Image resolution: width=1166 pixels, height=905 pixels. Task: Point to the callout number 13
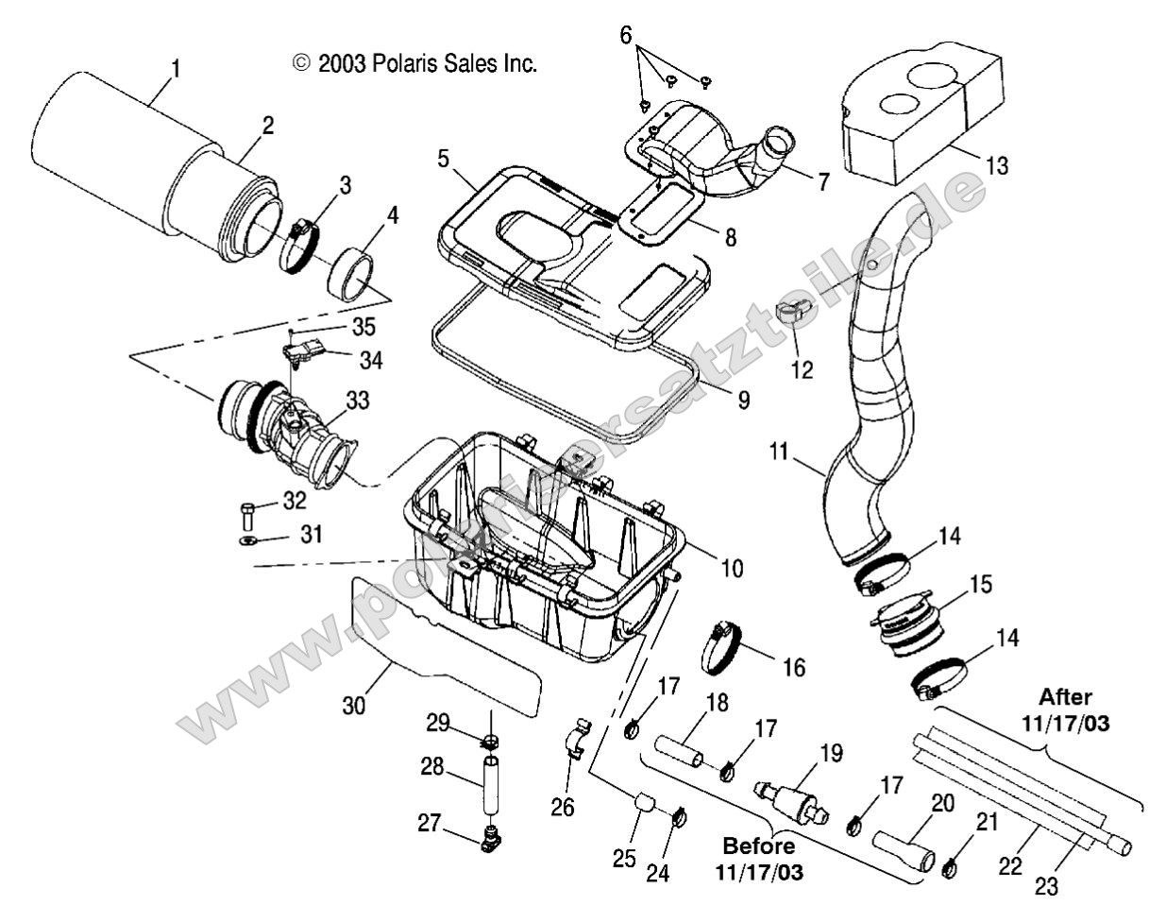[996, 166]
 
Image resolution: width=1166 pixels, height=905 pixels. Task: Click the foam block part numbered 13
[906, 104]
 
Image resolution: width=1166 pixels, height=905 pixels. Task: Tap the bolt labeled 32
[247, 515]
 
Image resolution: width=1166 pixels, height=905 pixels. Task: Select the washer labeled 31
[246, 541]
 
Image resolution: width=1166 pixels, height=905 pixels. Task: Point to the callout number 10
[731, 568]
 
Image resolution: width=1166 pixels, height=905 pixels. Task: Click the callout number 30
[351, 703]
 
